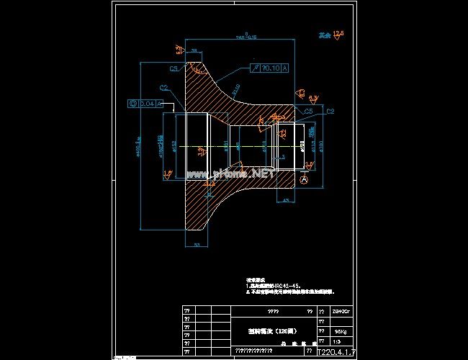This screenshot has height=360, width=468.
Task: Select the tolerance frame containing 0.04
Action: coord(144,104)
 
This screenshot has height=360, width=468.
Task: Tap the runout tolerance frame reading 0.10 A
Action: coord(270,68)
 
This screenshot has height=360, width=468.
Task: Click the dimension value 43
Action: coord(286,200)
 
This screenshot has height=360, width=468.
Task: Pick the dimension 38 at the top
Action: coord(194,50)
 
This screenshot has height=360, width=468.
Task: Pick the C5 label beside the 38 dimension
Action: coord(174,69)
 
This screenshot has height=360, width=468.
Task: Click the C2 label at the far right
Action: coord(330,112)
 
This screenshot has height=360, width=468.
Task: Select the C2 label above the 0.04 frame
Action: coord(163,87)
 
